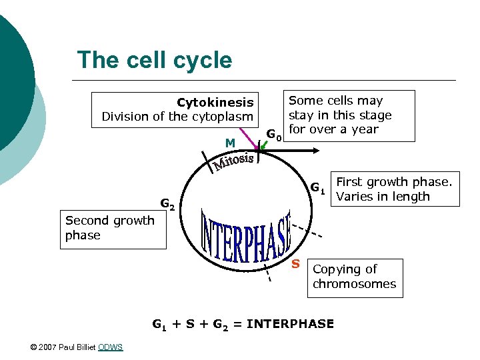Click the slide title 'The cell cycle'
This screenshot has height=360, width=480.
click(x=155, y=60)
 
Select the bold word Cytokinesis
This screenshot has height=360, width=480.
click(x=215, y=102)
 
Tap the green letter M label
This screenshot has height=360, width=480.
click(x=229, y=143)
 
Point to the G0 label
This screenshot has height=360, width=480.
click(x=274, y=135)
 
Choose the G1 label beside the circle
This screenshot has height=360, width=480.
click(x=317, y=188)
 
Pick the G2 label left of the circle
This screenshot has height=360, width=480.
click(x=167, y=204)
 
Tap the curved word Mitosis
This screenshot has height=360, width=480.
click(x=233, y=161)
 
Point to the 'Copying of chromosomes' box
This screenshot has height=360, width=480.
click(x=354, y=277)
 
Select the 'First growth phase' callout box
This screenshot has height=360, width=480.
click(x=394, y=189)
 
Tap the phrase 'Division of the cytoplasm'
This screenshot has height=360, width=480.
click(x=177, y=117)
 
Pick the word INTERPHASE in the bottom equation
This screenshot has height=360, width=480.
click(x=290, y=324)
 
